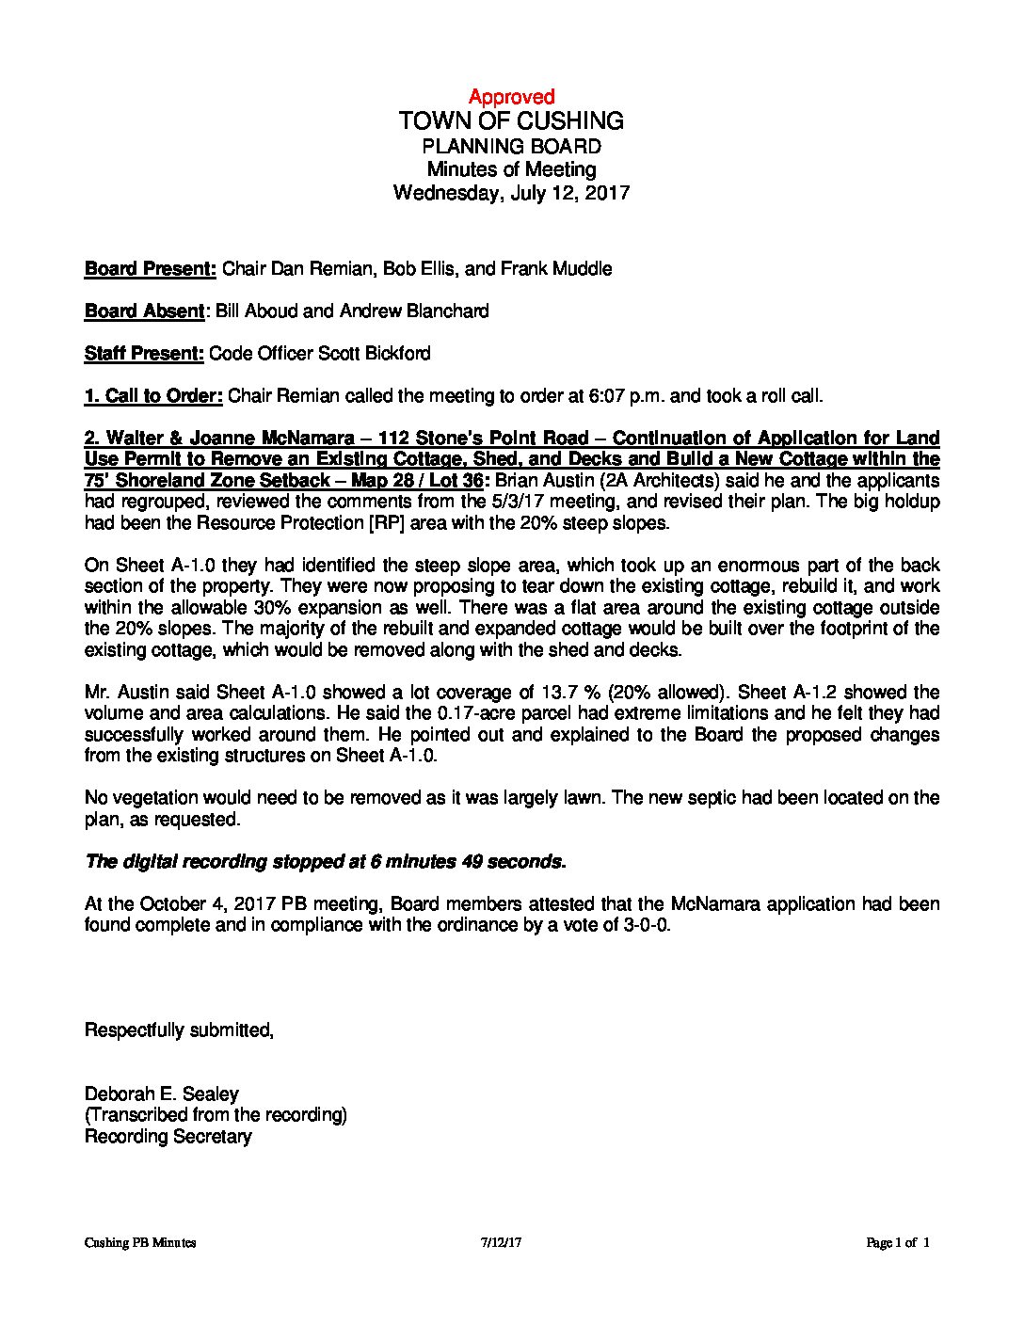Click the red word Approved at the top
tap(511, 96)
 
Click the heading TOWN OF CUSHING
tap(511, 120)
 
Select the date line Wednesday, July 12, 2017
tap(511, 193)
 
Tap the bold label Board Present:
tap(151, 268)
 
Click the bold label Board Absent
tap(144, 311)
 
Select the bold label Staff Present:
tap(144, 353)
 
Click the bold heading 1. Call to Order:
tap(153, 395)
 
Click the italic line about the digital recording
tap(326, 861)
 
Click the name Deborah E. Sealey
tap(161, 1094)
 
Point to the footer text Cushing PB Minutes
tap(140, 1242)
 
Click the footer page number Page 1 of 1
tap(897, 1242)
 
